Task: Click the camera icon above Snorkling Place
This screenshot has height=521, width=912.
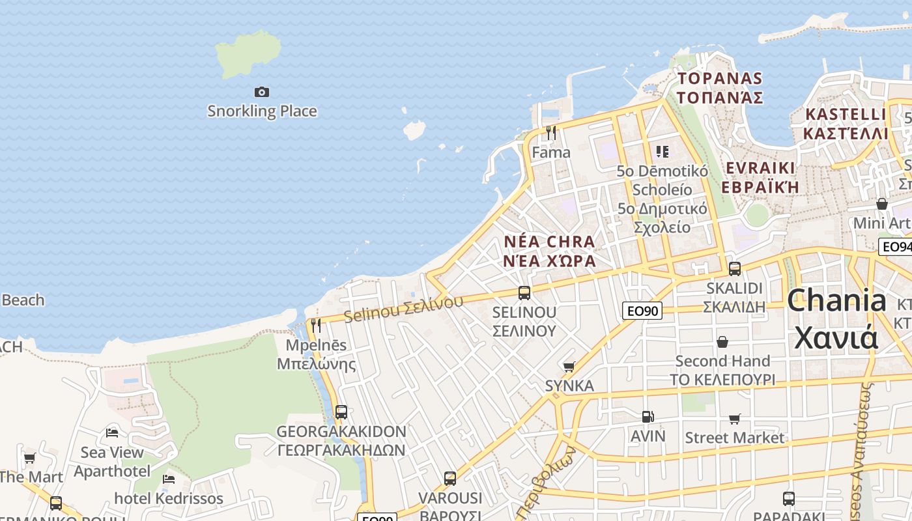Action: pyautogui.click(x=262, y=92)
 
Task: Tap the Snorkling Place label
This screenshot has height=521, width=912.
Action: pyautogui.click(x=262, y=111)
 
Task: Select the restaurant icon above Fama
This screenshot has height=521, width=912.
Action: pyautogui.click(x=551, y=133)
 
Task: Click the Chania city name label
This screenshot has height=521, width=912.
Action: pyautogui.click(x=836, y=319)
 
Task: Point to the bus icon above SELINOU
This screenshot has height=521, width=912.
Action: pyautogui.click(x=524, y=293)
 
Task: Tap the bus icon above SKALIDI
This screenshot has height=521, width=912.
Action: pyautogui.click(x=735, y=268)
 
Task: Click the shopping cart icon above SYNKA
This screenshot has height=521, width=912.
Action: pyautogui.click(x=569, y=367)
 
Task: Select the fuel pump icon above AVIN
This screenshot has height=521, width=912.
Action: pyautogui.click(x=648, y=417)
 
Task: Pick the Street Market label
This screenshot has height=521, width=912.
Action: pyautogui.click(x=734, y=438)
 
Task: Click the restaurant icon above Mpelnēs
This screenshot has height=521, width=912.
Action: pyautogui.click(x=316, y=326)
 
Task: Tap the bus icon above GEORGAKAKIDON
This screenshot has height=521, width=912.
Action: pyautogui.click(x=341, y=412)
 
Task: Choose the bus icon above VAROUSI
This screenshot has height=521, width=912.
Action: pyautogui.click(x=450, y=479)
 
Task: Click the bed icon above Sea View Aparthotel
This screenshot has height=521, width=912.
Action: pyautogui.click(x=112, y=432)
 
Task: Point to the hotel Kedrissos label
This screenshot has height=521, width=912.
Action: pyautogui.click(x=169, y=499)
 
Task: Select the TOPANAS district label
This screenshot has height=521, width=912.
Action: pyautogui.click(x=720, y=88)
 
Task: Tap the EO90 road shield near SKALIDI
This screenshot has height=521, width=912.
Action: pyautogui.click(x=642, y=311)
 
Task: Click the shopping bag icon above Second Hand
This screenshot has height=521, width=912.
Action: pyautogui.click(x=722, y=342)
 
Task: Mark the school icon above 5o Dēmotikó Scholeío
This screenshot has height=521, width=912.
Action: pyautogui.click(x=663, y=152)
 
